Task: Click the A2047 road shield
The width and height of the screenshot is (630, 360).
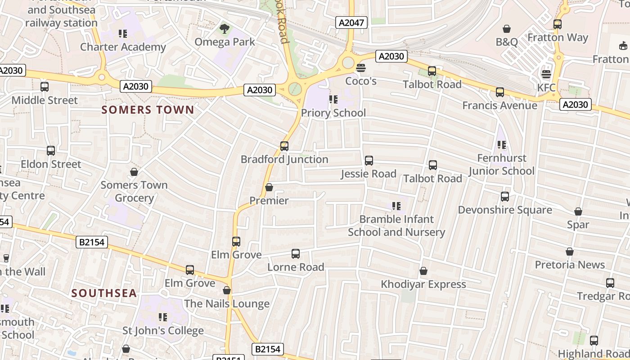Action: [351, 22]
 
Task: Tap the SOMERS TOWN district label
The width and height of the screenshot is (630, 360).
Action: [148, 110]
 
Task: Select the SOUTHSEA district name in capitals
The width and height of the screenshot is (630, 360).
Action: [104, 293]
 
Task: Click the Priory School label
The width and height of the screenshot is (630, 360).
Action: [333, 112]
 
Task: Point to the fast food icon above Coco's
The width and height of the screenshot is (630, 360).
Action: [360, 68]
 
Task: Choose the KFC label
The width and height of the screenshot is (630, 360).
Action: [546, 87]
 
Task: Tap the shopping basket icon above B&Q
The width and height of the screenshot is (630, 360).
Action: [507, 29]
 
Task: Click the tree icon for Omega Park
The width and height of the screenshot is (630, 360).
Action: [224, 29]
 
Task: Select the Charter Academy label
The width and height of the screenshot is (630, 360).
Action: [123, 47]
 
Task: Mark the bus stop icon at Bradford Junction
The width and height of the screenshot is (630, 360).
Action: [284, 146]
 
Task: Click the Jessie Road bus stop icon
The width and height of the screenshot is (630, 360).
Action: [369, 160]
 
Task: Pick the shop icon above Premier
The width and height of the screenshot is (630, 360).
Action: [269, 187]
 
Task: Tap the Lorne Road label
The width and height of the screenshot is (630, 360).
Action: [296, 267]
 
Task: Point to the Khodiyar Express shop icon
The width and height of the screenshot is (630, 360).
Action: [423, 271]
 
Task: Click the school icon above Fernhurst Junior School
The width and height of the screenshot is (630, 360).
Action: [502, 145]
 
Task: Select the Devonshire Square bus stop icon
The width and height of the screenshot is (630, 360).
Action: [505, 197]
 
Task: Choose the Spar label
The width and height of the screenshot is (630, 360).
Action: [578, 224]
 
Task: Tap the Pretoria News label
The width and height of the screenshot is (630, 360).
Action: [570, 265]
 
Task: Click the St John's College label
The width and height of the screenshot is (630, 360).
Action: [163, 331]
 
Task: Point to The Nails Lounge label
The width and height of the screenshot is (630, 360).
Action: [227, 304]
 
